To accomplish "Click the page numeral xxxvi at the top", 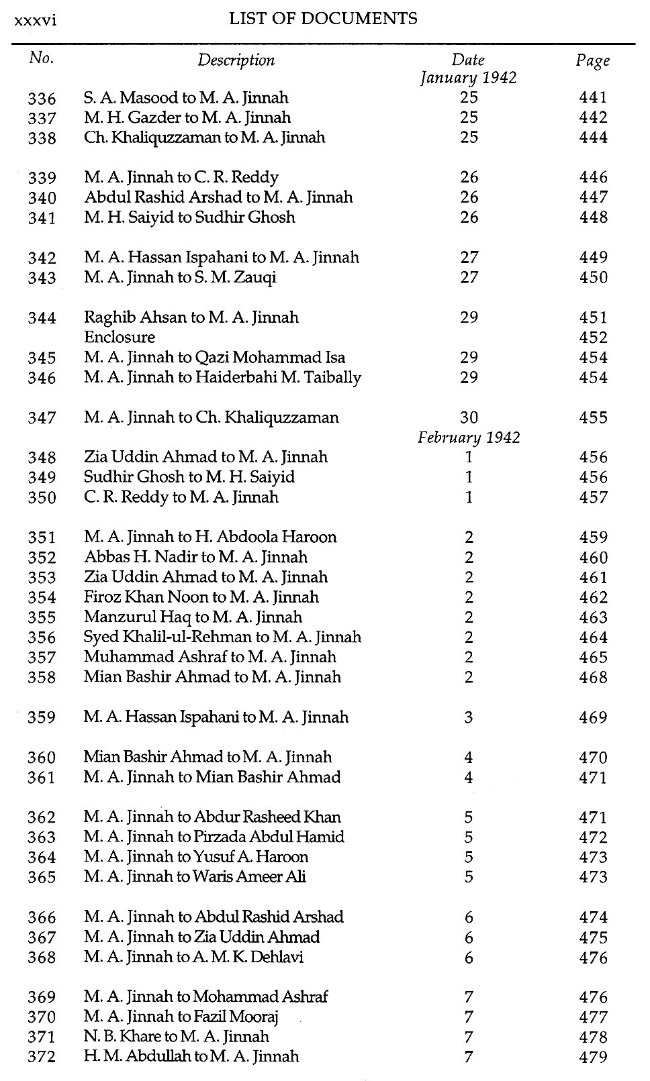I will tap(35, 20).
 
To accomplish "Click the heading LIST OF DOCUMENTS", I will tap(323, 19).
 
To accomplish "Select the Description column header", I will tap(236, 60).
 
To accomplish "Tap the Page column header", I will tap(592, 61).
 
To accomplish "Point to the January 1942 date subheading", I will tap(468, 78).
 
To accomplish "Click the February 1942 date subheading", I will tap(469, 437).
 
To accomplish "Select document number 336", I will tap(42, 99).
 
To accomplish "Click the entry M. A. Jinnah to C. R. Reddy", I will tap(181, 178).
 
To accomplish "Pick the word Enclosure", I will tap(120, 338).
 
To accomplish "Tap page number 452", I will tap(593, 338).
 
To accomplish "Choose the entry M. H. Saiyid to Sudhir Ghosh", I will tap(189, 217).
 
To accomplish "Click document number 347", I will tap(42, 418).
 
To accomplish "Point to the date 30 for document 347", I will tap(469, 418).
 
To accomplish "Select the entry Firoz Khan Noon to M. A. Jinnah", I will tap(201, 597).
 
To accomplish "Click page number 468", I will tap(593, 677).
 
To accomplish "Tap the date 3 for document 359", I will tap(469, 717).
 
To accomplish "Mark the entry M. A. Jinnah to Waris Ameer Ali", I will tap(195, 877).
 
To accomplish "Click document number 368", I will tap(42, 958).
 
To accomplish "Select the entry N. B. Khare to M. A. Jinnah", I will tap(176, 1037).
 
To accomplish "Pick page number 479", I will tap(593, 1057).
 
